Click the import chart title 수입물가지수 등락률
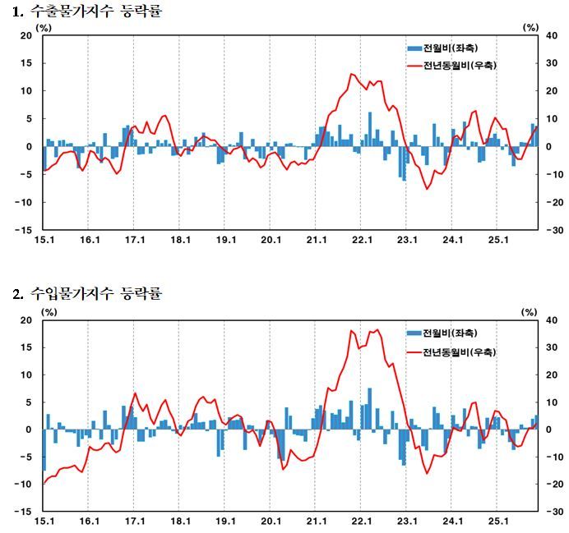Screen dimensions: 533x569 click(x=90, y=293)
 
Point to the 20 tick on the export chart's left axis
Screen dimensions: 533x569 click(x=25, y=35)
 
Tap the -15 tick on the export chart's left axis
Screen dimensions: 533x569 click(x=24, y=230)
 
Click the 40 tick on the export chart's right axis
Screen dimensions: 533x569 click(x=550, y=35)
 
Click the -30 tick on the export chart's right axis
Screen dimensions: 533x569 click(x=551, y=230)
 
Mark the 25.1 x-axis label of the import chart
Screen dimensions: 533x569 click(x=499, y=521)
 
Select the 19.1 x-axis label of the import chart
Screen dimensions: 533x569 click(x=225, y=521)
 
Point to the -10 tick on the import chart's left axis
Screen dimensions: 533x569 click(x=24, y=485)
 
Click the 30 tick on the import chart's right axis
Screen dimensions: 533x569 click(x=550, y=347)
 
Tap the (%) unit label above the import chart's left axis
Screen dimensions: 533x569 click(x=49, y=310)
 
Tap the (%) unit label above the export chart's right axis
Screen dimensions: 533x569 click(x=530, y=27)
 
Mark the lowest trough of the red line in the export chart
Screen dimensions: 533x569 click(x=427, y=189)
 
